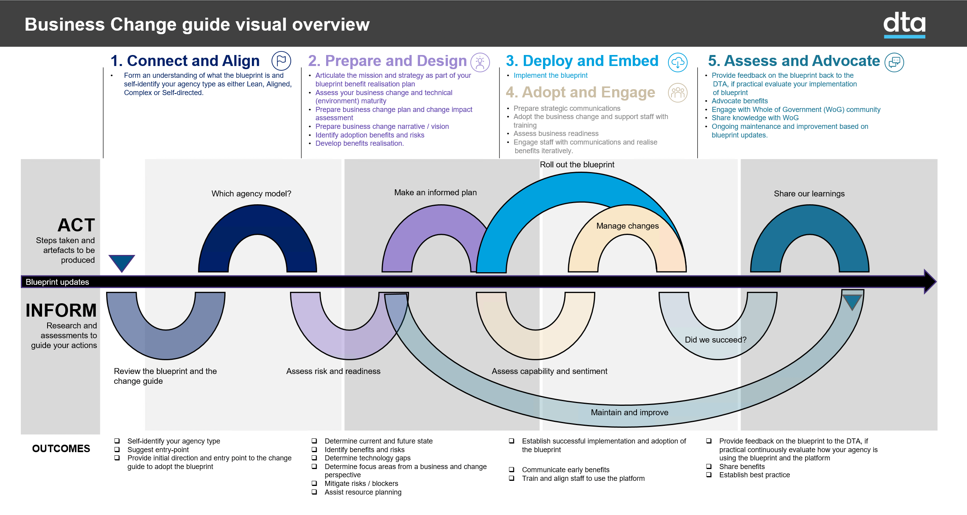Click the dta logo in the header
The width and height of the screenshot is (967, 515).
tap(904, 24)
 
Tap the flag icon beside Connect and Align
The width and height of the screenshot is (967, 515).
tap(281, 61)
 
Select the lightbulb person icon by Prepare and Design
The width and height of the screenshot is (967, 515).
tap(480, 62)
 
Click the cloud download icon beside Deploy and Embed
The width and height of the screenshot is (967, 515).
tap(678, 62)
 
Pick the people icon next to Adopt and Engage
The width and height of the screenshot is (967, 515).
tap(678, 93)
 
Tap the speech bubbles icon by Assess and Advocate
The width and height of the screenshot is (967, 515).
tap(894, 62)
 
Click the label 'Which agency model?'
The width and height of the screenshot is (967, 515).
tap(251, 194)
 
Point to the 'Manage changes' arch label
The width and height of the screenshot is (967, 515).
tap(628, 226)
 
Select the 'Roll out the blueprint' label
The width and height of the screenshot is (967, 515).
tap(577, 165)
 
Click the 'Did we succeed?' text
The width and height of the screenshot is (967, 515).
tap(716, 340)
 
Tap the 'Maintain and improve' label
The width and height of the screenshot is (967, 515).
tap(629, 412)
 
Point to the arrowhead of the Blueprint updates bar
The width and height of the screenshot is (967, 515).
tap(930, 282)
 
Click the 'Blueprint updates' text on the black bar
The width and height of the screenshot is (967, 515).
tap(57, 282)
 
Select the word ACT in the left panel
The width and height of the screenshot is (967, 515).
tap(76, 225)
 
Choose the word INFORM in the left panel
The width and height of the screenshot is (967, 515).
tap(61, 310)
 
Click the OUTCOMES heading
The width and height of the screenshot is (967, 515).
tap(61, 449)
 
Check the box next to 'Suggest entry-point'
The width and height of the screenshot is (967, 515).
tap(117, 449)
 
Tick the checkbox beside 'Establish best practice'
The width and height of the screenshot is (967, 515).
tap(709, 475)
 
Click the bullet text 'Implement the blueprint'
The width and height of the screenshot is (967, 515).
tap(550, 75)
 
